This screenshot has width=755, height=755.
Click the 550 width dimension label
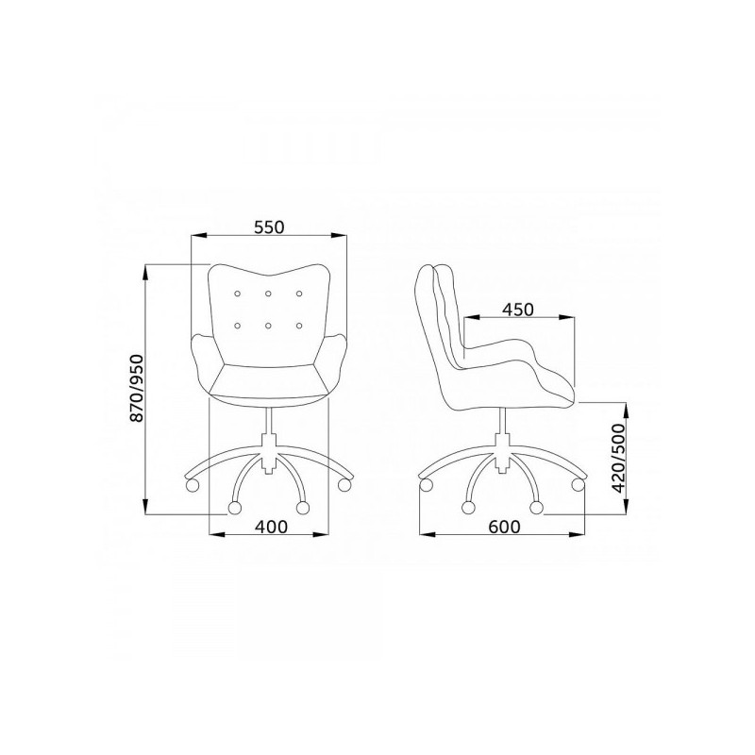[269, 226]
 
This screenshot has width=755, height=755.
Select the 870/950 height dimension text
[137, 388]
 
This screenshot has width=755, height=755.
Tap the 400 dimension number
[271, 527]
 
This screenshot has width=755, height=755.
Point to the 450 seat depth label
[517, 310]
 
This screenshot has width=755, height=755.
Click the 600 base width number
[504, 527]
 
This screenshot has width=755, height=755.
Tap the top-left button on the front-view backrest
[237, 294]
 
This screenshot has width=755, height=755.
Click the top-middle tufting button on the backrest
[268, 294]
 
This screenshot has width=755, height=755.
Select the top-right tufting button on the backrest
[299, 294]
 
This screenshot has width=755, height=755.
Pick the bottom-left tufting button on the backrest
[237, 326]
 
